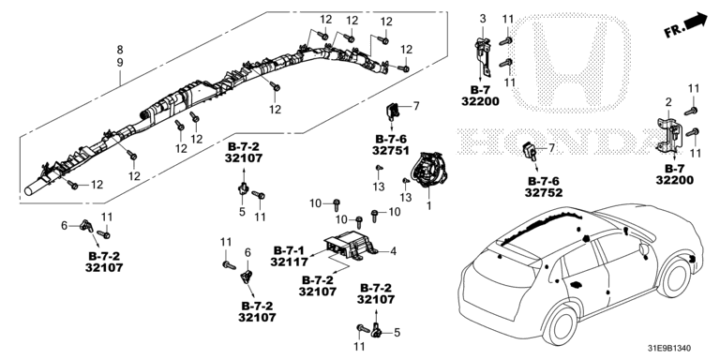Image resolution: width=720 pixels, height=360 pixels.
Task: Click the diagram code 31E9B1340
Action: [678, 349]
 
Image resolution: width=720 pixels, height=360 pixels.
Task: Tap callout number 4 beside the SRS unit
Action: [393, 251]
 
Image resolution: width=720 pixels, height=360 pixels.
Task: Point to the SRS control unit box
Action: [350, 246]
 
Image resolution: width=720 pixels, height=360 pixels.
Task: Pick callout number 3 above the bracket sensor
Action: [483, 19]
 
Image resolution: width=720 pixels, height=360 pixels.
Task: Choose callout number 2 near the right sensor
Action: [669, 101]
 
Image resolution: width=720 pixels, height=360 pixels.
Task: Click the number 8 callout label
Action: [120, 50]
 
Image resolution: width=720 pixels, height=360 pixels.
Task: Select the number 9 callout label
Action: [120, 63]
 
